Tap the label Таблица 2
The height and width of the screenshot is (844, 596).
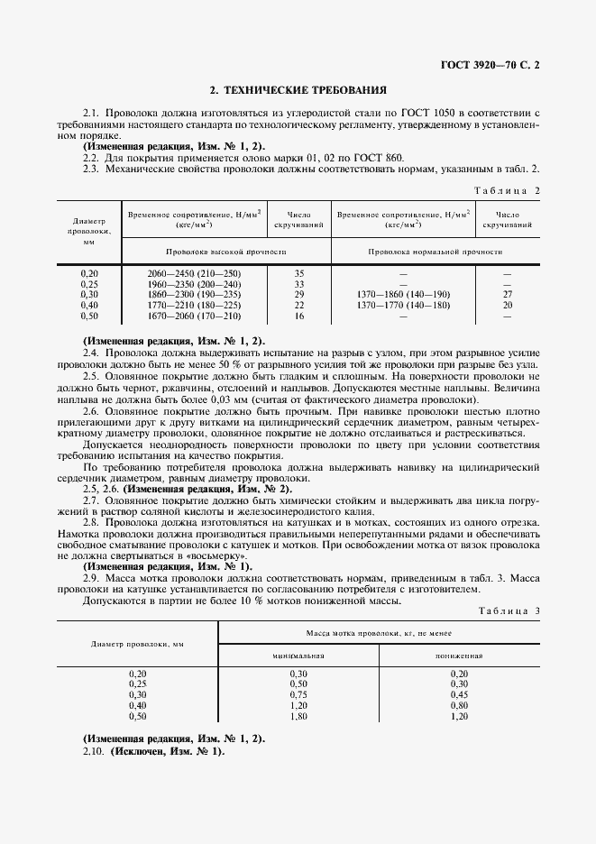(x=506, y=190)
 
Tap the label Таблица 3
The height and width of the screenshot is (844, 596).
(x=506, y=611)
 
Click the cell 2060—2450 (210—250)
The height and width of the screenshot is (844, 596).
(x=194, y=272)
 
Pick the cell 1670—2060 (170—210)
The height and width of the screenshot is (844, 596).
(x=194, y=316)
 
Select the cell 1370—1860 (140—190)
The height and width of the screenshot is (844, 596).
(x=403, y=295)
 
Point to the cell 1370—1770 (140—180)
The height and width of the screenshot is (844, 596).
(x=403, y=306)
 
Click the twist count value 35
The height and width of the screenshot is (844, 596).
(x=298, y=272)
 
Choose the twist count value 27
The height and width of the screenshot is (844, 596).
(x=507, y=295)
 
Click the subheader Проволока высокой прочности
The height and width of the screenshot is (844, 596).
(x=225, y=251)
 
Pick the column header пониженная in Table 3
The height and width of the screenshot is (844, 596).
(x=459, y=656)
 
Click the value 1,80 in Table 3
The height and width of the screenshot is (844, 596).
(x=298, y=717)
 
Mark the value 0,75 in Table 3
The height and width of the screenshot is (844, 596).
(x=298, y=695)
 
